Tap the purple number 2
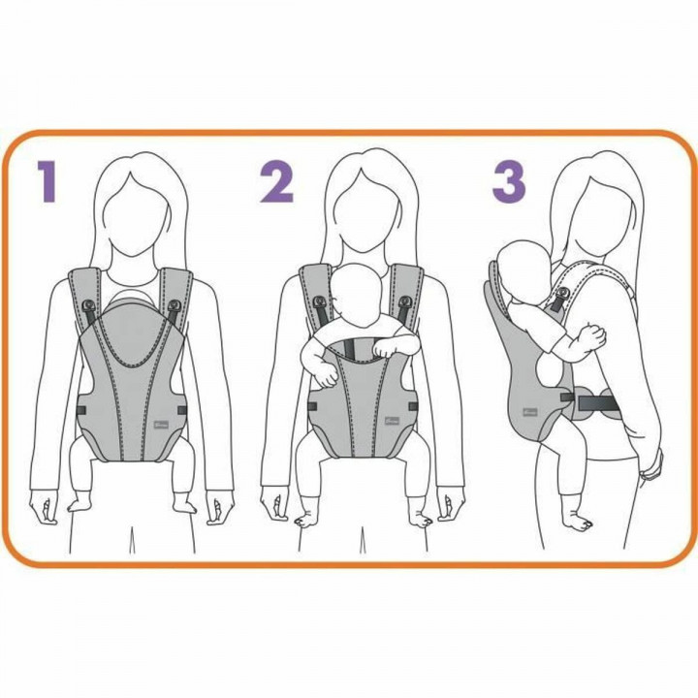277,181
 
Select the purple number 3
510,181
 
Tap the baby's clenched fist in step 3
590,335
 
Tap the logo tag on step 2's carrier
385,419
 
